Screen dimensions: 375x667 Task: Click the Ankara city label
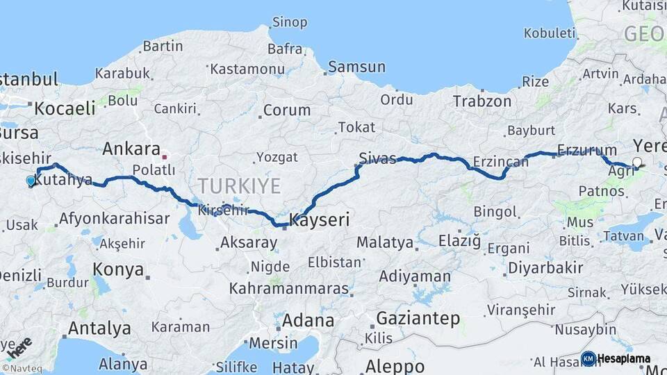tap(131, 149)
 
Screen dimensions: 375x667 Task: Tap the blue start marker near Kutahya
tap(31, 181)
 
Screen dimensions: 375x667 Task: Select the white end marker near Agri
tap(637, 164)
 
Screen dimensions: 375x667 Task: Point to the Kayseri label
tap(318, 220)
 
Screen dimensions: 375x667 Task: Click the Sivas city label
tap(377, 158)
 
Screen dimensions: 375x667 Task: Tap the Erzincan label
tap(500, 162)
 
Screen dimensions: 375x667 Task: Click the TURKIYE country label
tap(239, 186)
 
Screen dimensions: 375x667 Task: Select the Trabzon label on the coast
tap(482, 101)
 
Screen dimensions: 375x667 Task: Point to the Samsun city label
tap(356, 67)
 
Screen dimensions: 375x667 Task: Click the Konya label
tap(118, 270)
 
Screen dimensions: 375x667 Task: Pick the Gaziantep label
tap(418, 319)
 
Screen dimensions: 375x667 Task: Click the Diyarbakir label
tap(545, 268)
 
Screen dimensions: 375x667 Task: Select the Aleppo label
tap(395, 366)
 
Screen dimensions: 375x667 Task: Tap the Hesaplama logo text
tap(623, 359)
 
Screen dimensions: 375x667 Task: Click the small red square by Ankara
tap(164, 157)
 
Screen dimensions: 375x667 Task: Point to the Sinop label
tap(289, 23)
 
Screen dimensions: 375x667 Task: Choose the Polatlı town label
tap(154, 170)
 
